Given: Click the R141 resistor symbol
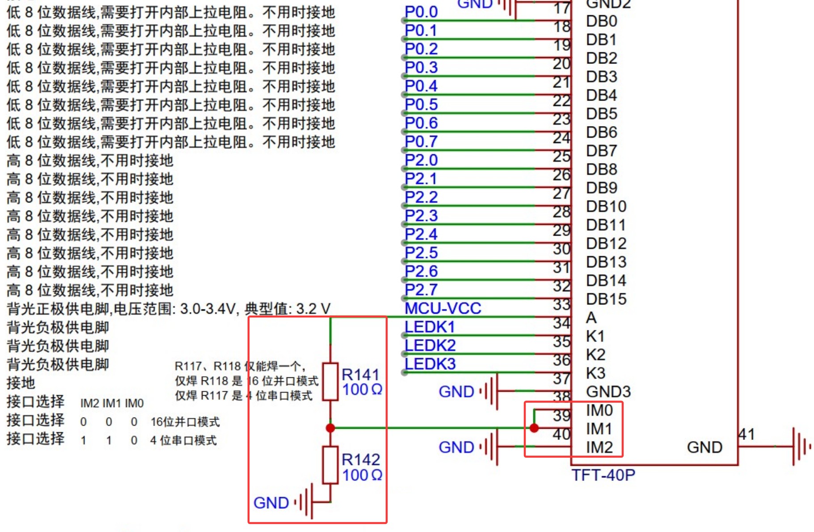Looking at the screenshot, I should point(330,381).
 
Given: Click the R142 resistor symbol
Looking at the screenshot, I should point(330,465).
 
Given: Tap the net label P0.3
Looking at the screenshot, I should point(421,68).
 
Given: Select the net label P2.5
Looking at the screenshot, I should point(421,253).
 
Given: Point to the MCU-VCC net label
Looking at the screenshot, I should point(443,308).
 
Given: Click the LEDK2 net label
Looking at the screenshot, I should point(430,346).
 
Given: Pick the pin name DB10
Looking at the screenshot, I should point(606,207).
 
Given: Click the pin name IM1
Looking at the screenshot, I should point(599,429).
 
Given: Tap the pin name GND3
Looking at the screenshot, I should point(608,392).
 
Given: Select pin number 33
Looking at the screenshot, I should point(561,305).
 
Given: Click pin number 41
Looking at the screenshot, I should point(747,434).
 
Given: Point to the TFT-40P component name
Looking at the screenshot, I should point(603,475).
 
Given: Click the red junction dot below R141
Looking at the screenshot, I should point(330,428).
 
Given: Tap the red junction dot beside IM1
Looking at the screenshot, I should point(534,428).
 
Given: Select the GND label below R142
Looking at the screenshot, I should point(271,503).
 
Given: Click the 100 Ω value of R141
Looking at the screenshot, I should point(362,390).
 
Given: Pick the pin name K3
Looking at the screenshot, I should point(595,373).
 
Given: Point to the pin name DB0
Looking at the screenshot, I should point(601,21).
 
